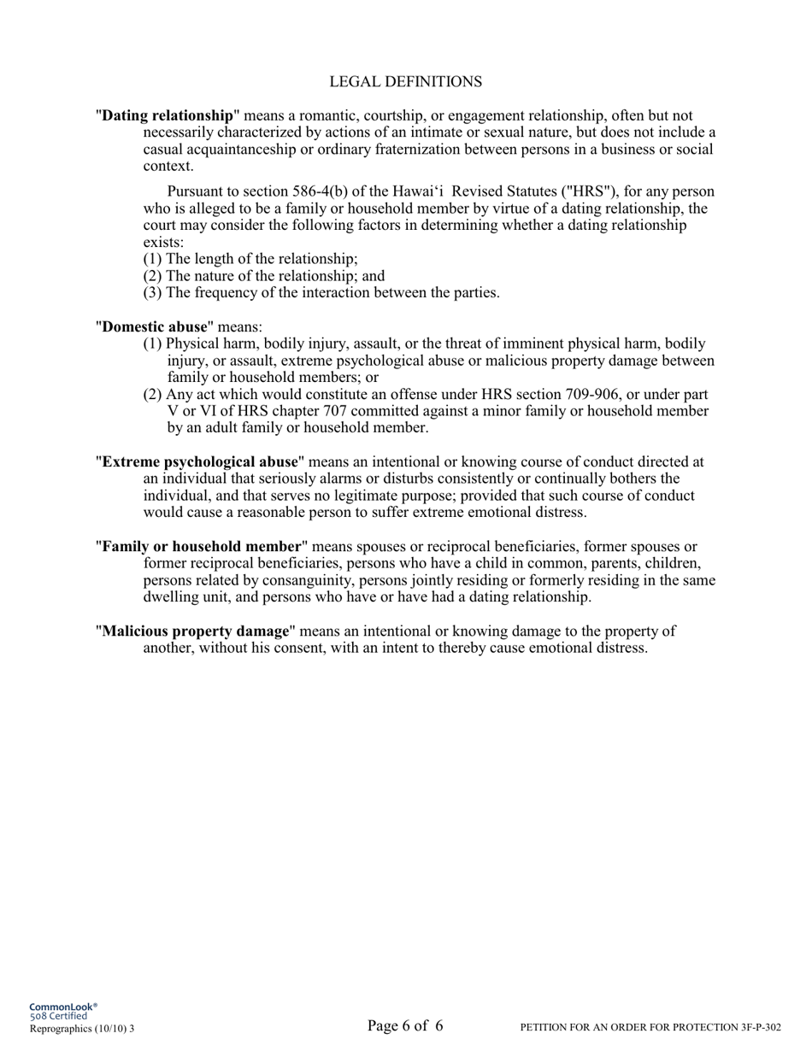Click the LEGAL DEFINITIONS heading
click(x=405, y=82)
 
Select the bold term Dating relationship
click(x=168, y=115)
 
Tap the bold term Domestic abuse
click(x=155, y=326)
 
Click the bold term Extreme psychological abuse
click(x=200, y=461)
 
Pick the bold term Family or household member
click(x=202, y=546)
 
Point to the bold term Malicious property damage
click(x=196, y=631)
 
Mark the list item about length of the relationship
click(x=250, y=259)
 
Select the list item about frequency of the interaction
click(x=321, y=292)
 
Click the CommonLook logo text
click(x=63, y=1007)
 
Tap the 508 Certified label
click(x=58, y=1017)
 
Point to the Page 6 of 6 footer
click(x=405, y=1026)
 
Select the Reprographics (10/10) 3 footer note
click(x=82, y=1029)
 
